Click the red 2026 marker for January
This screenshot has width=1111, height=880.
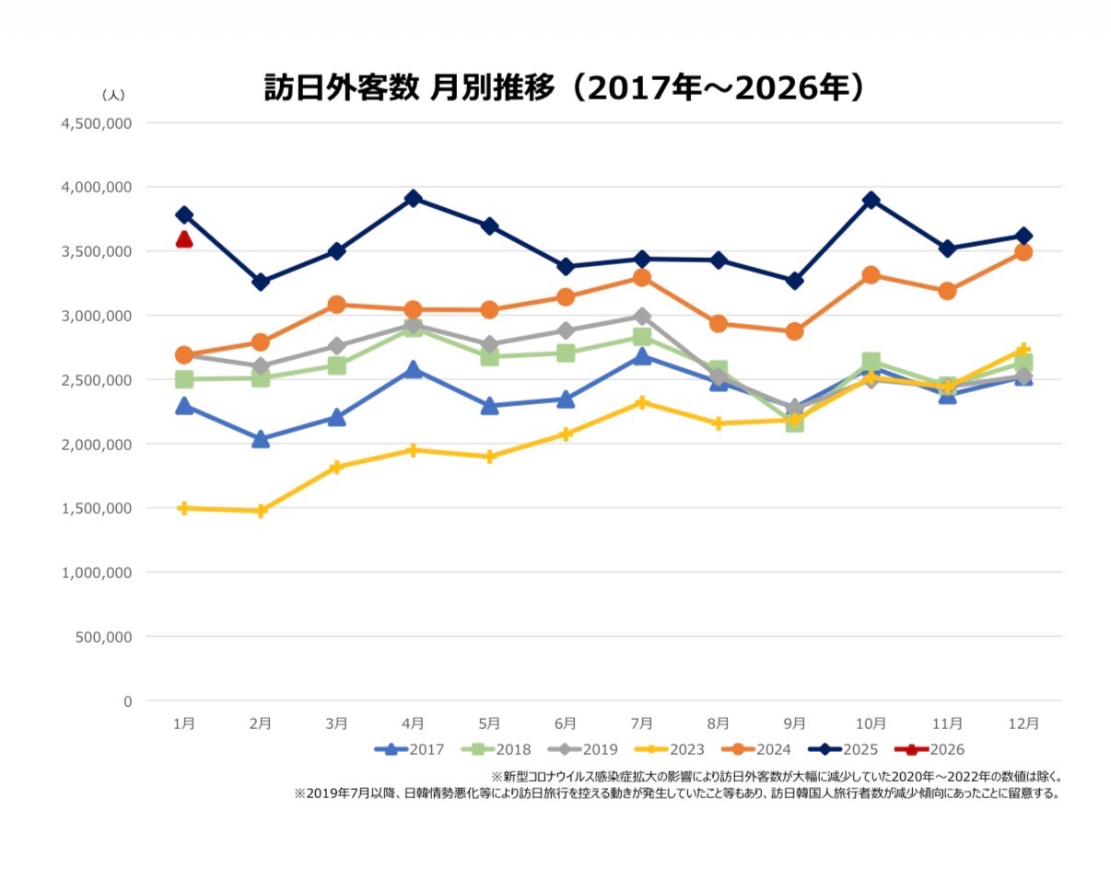point(184,239)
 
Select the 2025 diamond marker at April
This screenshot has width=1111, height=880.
point(413,198)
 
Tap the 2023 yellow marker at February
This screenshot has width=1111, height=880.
point(261,511)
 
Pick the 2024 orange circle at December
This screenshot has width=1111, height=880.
point(1023,252)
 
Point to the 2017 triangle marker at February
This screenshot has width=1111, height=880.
point(261,439)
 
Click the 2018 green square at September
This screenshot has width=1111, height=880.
point(794,423)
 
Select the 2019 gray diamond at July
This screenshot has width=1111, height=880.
point(642,317)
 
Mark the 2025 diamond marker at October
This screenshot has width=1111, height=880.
point(871,201)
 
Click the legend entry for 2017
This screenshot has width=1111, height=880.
point(409,749)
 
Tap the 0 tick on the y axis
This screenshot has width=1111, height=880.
point(127,701)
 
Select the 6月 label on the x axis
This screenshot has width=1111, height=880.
point(566,724)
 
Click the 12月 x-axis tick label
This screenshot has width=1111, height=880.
point(1023,724)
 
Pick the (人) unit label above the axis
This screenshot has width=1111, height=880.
point(112,95)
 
